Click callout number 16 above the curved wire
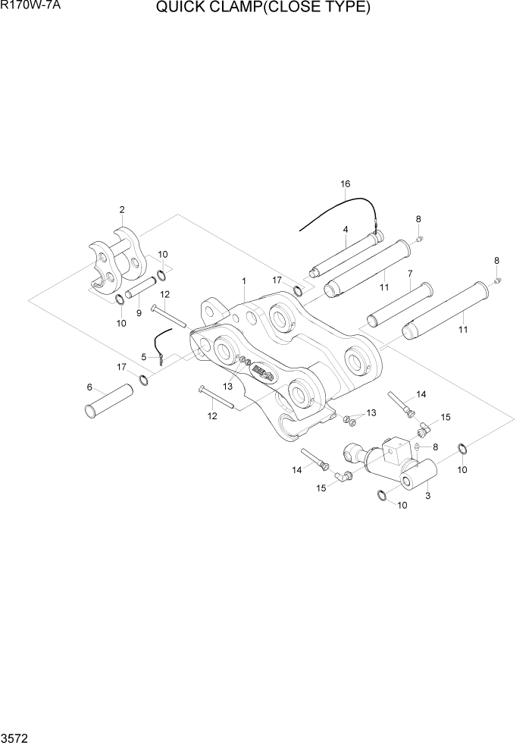(346, 184)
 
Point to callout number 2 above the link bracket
(121, 210)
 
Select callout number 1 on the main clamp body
(244, 281)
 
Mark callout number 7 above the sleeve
(410, 273)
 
